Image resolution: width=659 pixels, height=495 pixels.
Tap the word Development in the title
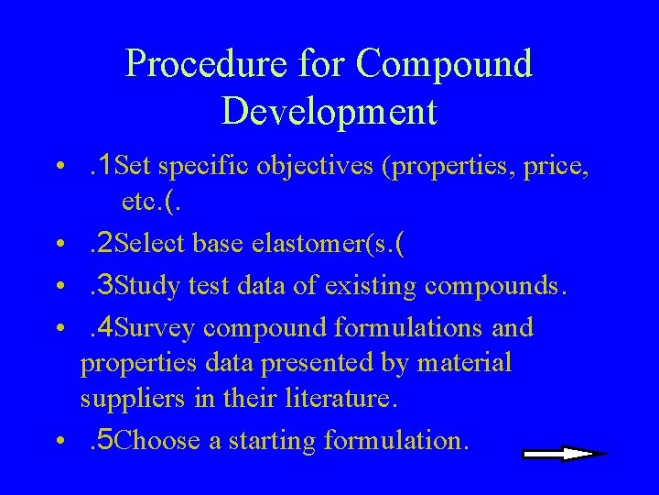(x=329, y=111)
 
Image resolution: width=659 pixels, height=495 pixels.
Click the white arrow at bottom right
(x=563, y=453)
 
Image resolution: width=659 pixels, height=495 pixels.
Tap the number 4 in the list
(x=106, y=327)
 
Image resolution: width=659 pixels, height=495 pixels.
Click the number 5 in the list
(x=106, y=440)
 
